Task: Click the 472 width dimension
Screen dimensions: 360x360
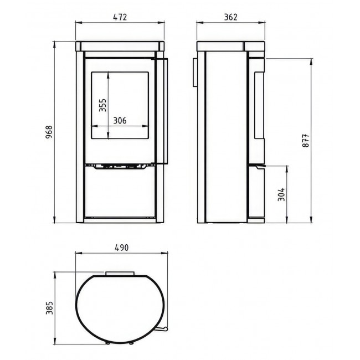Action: tap(120, 17)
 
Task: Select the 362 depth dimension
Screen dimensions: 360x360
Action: tap(230, 17)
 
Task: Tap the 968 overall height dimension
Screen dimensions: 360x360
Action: tap(49, 132)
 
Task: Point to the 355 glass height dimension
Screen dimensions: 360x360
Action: tap(102, 105)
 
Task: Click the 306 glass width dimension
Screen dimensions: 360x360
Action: tap(120, 121)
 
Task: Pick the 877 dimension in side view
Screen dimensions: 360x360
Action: tap(306, 140)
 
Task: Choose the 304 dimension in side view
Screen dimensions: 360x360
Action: tap(281, 194)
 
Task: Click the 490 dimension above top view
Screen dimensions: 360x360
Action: tap(121, 248)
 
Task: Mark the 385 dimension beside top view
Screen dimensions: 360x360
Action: tap(49, 308)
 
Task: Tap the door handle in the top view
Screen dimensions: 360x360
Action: tap(162, 329)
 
